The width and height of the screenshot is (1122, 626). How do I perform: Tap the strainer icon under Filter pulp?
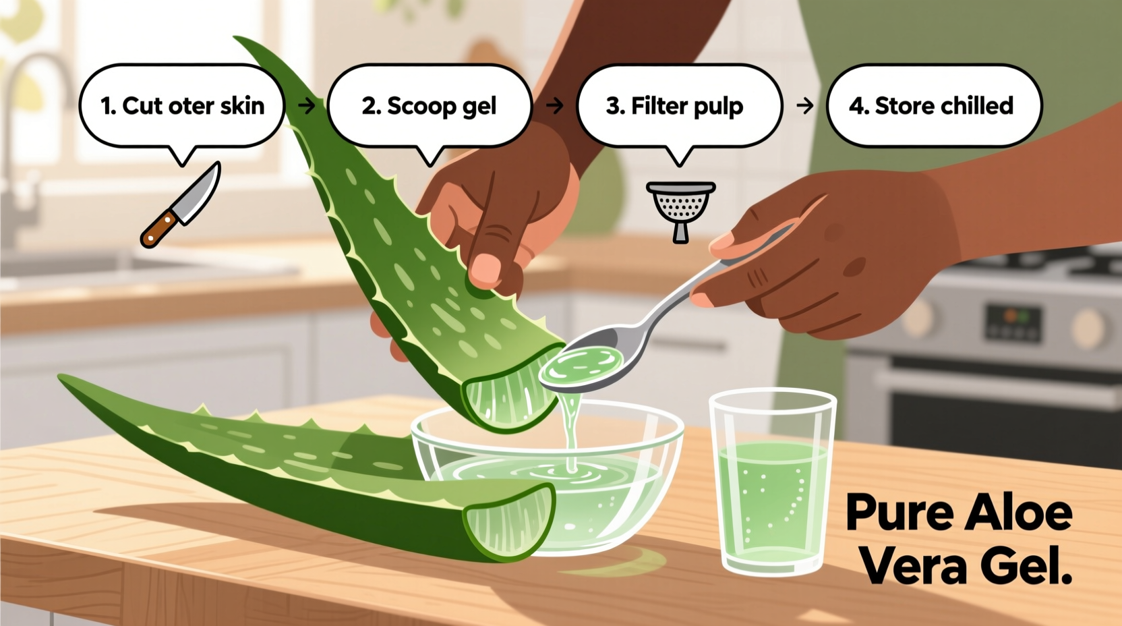coord(680,208)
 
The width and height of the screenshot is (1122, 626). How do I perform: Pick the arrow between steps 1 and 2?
coord(307,106)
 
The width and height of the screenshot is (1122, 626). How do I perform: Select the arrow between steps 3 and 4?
coord(805,106)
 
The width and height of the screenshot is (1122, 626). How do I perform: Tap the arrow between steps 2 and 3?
coord(555,106)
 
